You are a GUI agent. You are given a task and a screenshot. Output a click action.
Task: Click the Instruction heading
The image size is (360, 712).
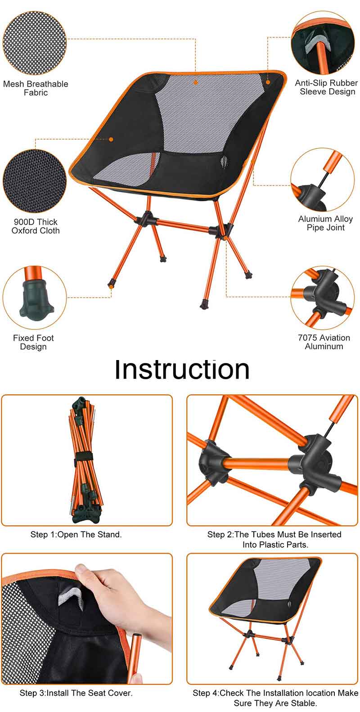(182, 370)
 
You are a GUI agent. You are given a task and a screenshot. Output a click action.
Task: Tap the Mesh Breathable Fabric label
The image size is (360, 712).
(36, 88)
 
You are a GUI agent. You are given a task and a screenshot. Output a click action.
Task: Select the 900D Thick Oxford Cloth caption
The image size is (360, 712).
(36, 226)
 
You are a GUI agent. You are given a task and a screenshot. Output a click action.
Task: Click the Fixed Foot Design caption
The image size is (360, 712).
(33, 342)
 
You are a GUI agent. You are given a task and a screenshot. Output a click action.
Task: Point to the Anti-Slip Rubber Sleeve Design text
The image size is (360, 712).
(327, 87)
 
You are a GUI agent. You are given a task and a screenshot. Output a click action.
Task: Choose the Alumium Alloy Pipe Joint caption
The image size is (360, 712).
(325, 223)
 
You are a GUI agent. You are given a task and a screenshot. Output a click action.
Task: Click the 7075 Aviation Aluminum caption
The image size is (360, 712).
(324, 342)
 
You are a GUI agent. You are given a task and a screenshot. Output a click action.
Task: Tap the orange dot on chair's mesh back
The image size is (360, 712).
(196, 82)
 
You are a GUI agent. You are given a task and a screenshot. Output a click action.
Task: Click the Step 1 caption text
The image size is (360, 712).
(76, 535)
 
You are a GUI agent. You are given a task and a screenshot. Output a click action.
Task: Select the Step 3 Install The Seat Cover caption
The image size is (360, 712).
(76, 693)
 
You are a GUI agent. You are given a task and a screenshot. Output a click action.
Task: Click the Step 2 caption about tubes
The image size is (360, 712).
(274, 539)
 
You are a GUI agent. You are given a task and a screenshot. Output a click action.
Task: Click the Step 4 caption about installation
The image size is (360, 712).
(275, 698)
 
